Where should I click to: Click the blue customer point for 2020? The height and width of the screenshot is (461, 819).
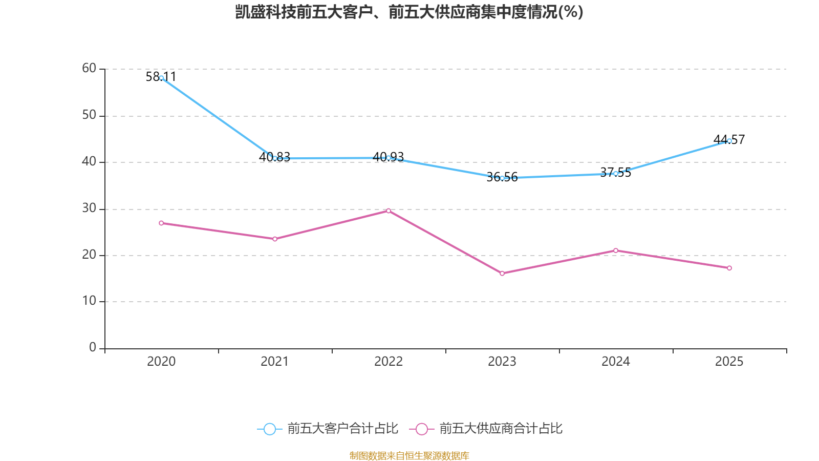coord(161,78)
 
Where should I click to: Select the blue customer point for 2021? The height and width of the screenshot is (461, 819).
coord(275,158)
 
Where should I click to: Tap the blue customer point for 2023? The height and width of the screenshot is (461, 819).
coord(502,178)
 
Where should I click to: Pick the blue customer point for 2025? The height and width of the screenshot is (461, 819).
coord(729,141)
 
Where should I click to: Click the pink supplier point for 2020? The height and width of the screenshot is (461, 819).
coord(161,223)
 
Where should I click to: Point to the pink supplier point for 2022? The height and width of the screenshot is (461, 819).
coord(389,211)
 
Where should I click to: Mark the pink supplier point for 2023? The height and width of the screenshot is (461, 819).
coord(502,274)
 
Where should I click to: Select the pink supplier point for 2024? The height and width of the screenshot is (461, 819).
coord(616,250)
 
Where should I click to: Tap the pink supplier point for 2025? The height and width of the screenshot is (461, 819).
coord(729,268)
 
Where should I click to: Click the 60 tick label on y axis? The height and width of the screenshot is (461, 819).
coord(89,68)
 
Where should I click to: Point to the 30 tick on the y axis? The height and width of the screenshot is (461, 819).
coord(89,208)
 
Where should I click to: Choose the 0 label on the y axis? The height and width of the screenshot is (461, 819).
coord(93,347)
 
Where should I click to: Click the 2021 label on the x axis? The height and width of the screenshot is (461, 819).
coord(275,362)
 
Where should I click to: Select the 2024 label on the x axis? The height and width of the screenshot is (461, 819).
coord(616,362)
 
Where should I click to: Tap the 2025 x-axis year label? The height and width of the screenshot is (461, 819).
coord(729,362)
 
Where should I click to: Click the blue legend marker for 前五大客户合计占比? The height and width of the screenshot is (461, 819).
coord(270,429)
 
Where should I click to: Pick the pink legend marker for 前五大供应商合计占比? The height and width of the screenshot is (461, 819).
coord(422,429)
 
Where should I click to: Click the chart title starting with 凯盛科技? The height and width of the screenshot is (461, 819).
coord(409,12)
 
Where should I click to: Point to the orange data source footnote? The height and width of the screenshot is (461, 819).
coord(409,455)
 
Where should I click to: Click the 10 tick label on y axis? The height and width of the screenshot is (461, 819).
coord(89,301)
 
